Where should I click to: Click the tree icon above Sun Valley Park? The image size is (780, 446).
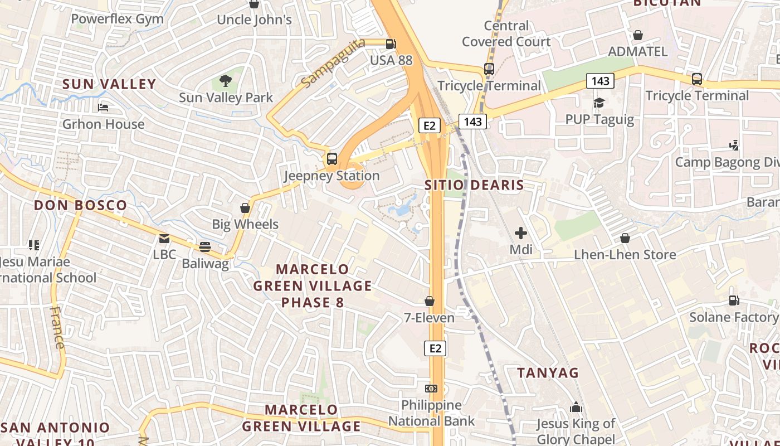226,81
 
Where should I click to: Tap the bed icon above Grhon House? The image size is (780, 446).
103,107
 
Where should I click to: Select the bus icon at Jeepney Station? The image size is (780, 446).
332,159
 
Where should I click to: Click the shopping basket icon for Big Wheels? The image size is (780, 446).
245,209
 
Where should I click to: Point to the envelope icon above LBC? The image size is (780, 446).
164,239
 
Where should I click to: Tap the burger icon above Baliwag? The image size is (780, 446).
205,247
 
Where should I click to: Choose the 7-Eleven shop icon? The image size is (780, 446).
430,302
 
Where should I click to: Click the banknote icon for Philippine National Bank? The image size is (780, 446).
431,389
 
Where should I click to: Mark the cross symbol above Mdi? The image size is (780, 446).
521,233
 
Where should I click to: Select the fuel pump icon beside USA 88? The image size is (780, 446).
391,43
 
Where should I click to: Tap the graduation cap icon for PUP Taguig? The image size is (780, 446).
599,103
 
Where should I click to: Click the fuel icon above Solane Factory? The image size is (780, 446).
734,301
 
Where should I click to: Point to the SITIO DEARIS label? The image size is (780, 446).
474,185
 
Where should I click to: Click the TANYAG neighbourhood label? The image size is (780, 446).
548,372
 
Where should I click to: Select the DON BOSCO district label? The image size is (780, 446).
81,205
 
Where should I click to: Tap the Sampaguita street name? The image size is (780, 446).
333,62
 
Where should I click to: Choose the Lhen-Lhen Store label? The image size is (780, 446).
625,255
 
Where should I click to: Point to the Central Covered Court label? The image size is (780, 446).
506,33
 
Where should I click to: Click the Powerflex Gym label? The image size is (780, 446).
118,19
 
